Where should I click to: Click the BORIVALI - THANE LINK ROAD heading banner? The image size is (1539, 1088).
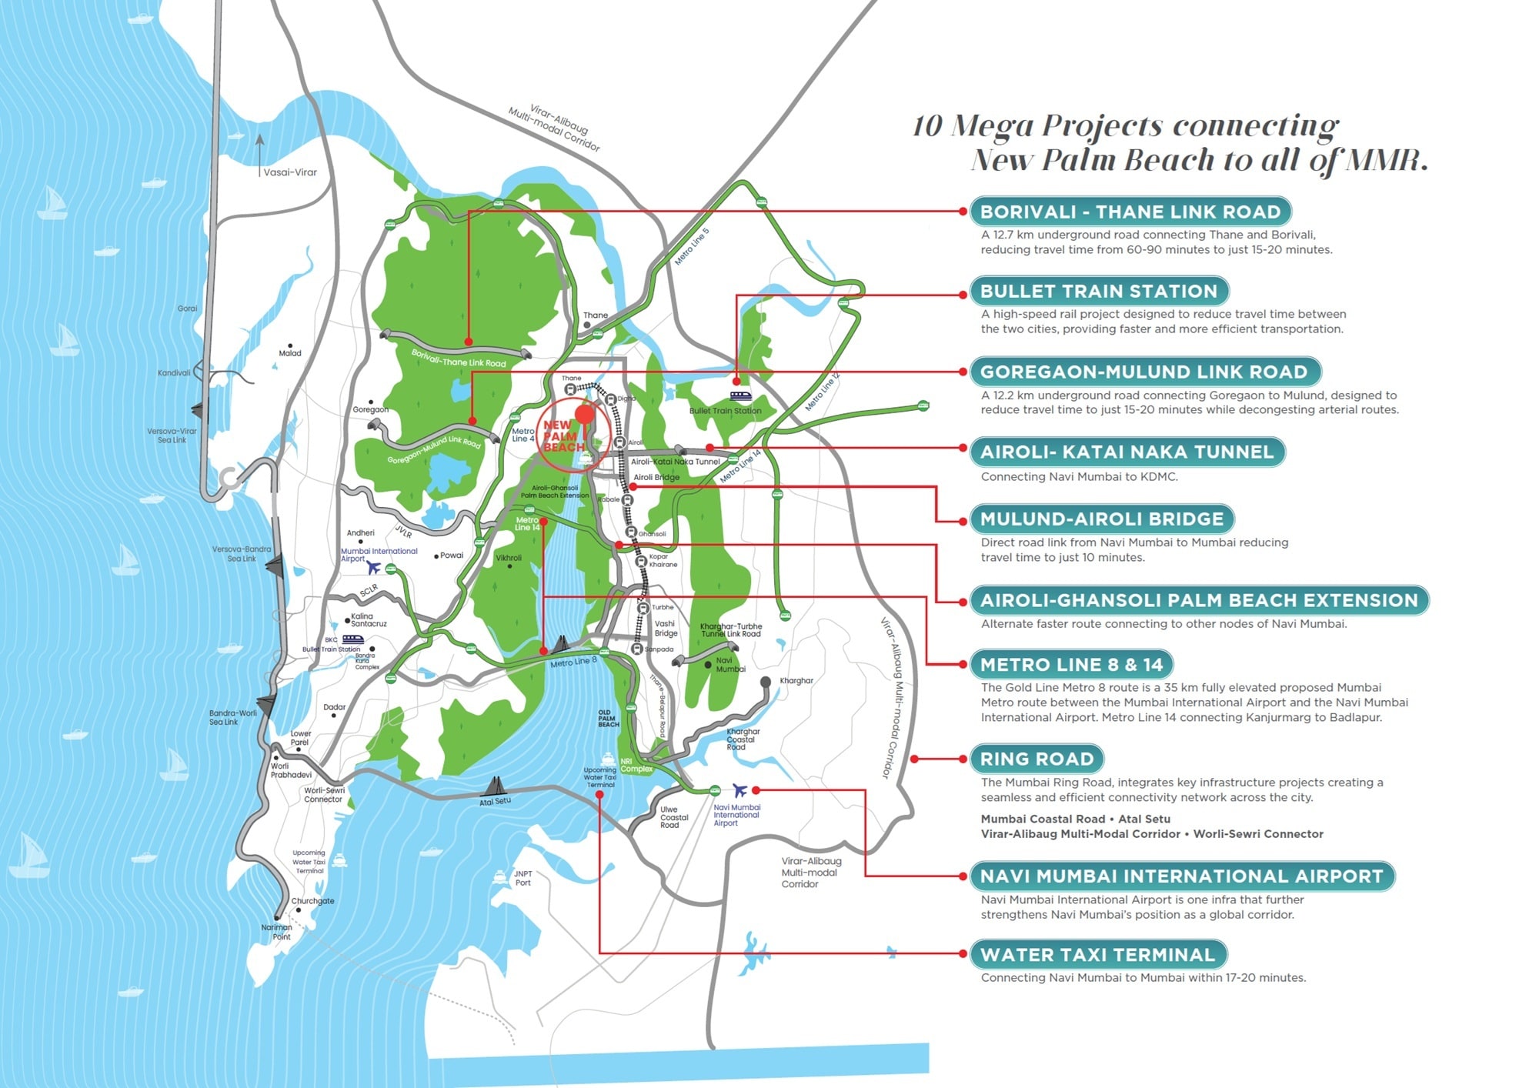tap(1130, 212)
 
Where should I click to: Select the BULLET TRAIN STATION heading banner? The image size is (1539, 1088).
tap(1098, 292)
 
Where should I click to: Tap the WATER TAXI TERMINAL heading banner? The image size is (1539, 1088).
tap(1097, 955)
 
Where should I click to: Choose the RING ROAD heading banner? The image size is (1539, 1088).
tap(1037, 759)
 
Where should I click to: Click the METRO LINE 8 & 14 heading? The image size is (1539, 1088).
tap(1071, 665)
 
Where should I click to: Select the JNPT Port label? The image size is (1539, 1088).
tap(523, 879)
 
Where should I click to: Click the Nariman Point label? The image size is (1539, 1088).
tap(277, 932)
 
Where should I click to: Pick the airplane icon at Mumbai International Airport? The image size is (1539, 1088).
tap(374, 568)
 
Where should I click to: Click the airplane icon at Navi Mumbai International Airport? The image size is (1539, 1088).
tap(739, 790)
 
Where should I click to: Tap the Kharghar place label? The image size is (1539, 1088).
tap(796, 681)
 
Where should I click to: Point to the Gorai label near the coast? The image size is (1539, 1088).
tap(187, 309)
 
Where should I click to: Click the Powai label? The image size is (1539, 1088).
tap(452, 556)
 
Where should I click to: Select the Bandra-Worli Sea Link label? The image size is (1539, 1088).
tap(232, 718)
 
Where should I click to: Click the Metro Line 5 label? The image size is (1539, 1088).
tap(692, 247)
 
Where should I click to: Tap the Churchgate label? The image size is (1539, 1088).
tap(312, 901)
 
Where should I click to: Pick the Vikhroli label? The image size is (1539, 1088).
tap(509, 559)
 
